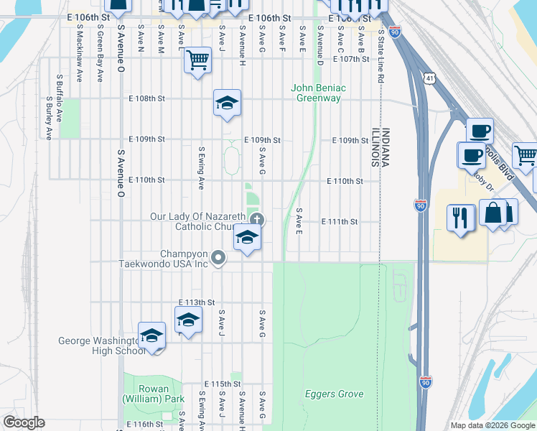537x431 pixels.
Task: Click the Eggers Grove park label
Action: [x=334, y=394]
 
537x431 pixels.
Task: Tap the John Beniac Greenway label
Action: [x=318, y=93]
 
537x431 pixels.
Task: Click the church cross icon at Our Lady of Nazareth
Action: [x=256, y=220]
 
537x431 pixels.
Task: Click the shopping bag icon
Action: [x=493, y=213]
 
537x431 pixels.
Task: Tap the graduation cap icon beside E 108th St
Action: [x=227, y=102]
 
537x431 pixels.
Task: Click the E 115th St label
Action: [x=222, y=384]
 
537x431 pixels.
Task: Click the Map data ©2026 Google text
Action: [x=492, y=425]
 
